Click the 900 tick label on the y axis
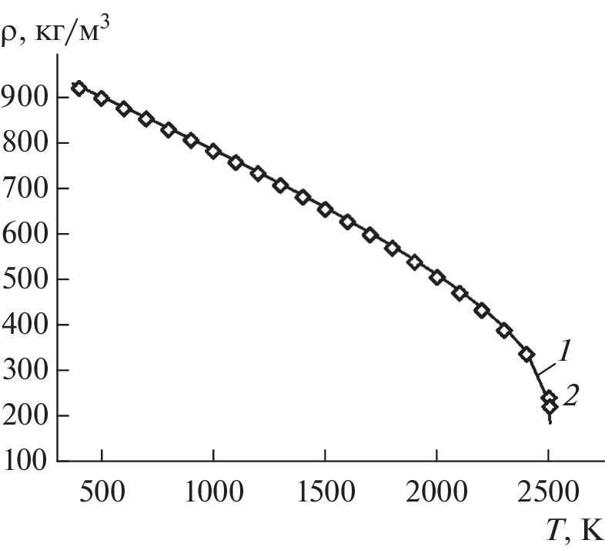[27, 98]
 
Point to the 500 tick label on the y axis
[27, 280]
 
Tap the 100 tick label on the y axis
[27, 462]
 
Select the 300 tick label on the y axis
[27, 371]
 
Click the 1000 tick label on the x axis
[213, 491]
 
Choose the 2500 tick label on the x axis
[548, 491]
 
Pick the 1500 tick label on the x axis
[325, 491]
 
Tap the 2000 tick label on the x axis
[436, 491]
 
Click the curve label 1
[563, 353]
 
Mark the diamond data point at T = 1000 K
[213, 151]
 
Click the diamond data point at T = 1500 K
[325, 209]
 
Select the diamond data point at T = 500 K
[102, 98]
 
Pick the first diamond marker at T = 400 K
[79, 88]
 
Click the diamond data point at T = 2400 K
[526, 354]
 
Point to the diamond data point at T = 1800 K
[392, 248]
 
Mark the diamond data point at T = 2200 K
[482, 311]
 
